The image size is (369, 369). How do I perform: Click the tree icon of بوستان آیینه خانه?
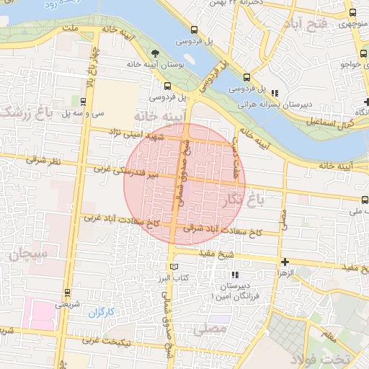(156, 53)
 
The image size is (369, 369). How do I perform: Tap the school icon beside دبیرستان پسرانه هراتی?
(274, 92)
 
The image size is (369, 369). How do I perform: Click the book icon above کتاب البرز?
(172, 266)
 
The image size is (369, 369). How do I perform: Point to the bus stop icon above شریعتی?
(67, 293)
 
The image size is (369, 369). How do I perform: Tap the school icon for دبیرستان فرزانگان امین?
(234, 275)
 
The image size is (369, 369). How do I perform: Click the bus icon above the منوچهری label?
(352, 12)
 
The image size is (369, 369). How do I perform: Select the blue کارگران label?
(102, 312)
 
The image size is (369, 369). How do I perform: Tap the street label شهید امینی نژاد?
(137, 135)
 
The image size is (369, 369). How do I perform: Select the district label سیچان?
(27, 254)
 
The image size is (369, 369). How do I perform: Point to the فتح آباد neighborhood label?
(306, 25)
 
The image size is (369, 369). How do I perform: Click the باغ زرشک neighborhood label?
(27, 112)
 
